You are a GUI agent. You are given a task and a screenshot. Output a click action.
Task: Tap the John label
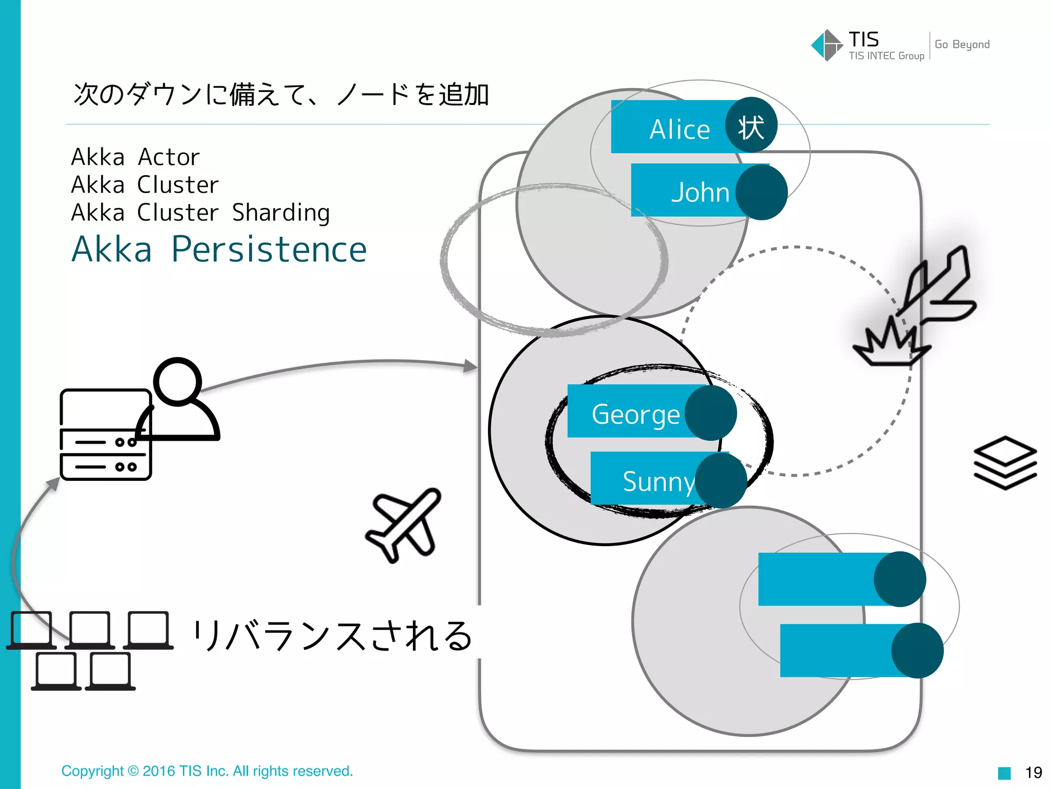tap(700, 192)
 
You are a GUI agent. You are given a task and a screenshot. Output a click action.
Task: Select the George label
tap(635, 414)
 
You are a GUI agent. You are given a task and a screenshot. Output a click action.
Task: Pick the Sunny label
tap(658, 481)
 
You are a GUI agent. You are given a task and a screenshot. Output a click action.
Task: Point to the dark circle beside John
tap(761, 192)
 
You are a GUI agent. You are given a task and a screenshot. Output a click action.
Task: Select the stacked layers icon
tap(1005, 462)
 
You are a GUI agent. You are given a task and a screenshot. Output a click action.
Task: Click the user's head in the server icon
tap(178, 381)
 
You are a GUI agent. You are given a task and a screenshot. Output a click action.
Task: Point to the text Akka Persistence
tap(219, 250)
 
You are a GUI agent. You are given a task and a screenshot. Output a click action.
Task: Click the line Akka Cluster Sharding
tap(200, 213)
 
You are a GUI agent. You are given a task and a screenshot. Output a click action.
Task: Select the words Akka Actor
tap(135, 157)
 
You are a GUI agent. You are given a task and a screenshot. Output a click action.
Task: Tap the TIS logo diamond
tap(826, 45)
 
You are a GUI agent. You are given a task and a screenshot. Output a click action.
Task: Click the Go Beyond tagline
tap(962, 45)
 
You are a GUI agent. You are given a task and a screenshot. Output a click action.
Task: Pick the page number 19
tap(1034, 772)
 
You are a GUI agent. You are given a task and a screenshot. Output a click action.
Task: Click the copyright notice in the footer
tap(207, 771)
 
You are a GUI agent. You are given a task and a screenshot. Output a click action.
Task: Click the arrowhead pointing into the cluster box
tap(470, 366)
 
